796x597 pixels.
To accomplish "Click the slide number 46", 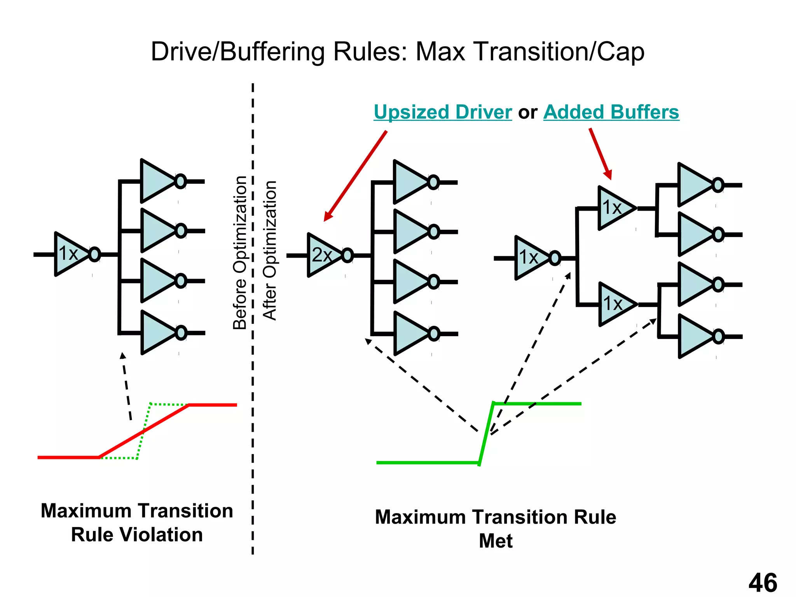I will tap(763, 583).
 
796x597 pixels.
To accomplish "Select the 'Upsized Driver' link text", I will tap(443, 112).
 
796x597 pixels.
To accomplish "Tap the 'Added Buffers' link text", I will tap(611, 112).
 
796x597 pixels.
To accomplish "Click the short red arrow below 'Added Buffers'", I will tap(600, 154).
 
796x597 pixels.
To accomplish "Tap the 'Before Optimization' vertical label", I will tap(240, 253).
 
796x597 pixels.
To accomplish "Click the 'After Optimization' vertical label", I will tap(270, 250).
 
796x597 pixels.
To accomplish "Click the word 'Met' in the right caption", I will tap(496, 541).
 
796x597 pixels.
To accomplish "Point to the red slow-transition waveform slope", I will tap(144, 431).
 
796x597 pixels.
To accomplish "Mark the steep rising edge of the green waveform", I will tap(486, 433).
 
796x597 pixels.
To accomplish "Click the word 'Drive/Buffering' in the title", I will tap(237, 52).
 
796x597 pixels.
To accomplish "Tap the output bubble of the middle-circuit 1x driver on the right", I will tap(555, 258).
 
